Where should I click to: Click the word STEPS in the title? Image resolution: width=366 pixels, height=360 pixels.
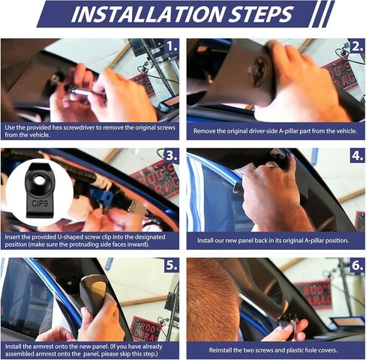[260, 13]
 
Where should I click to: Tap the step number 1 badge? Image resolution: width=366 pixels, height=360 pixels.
[172, 46]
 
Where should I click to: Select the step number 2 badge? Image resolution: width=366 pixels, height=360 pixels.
[358, 46]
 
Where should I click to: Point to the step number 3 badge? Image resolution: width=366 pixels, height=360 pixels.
[172, 155]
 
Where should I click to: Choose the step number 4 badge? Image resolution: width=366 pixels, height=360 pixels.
[358, 155]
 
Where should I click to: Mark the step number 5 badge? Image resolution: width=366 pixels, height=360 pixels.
[172, 265]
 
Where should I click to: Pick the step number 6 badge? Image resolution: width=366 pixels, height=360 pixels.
[358, 265]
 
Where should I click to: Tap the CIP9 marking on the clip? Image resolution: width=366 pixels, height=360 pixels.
[40, 203]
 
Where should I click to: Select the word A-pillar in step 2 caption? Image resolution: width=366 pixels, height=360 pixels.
[288, 131]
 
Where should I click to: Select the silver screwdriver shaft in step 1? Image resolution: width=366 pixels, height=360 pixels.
[81, 91]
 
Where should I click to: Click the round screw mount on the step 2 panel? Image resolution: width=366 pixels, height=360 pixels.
[258, 70]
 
